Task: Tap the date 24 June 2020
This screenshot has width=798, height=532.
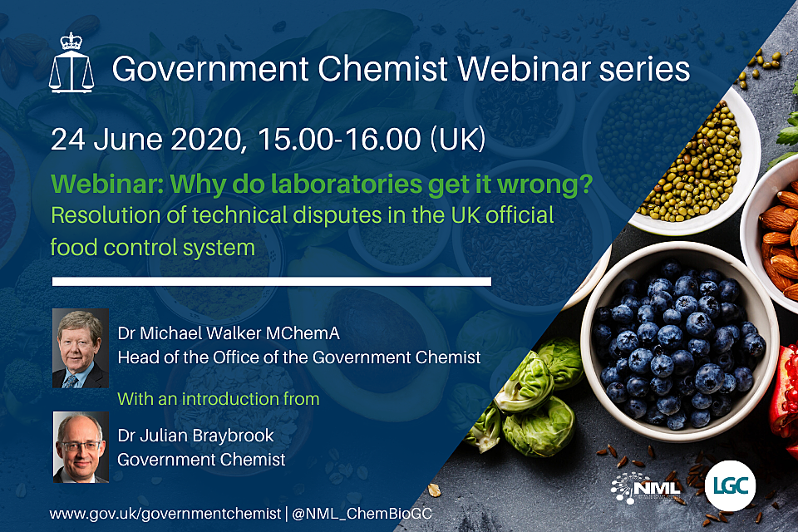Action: pos(145,139)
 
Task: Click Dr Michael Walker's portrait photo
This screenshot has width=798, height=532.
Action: pos(81,348)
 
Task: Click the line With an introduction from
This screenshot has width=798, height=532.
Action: pos(219,398)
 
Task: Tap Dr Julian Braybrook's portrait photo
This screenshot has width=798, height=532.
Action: pos(81,447)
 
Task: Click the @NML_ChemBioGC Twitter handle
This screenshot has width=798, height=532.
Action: pos(359,514)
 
